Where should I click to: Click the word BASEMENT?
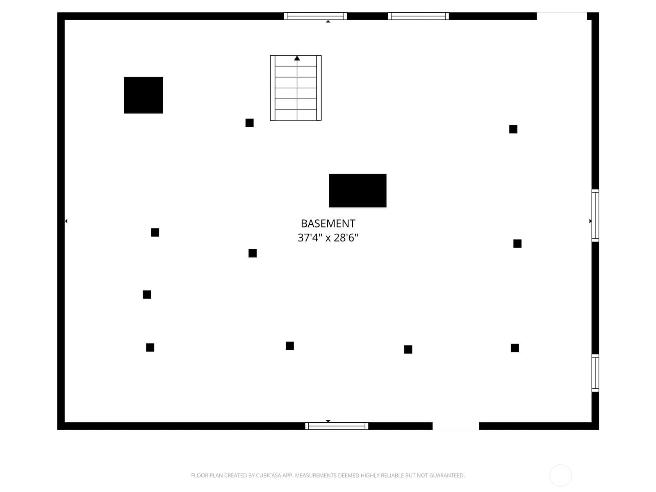[x=328, y=223]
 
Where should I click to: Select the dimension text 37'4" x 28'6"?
[x=328, y=238]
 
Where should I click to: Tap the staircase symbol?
[x=296, y=88]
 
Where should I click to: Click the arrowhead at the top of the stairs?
[x=297, y=58]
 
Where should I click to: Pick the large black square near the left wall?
[x=143, y=95]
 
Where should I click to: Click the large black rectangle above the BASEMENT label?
[x=358, y=191]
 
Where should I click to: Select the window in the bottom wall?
[x=337, y=426]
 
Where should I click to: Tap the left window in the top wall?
[x=315, y=16]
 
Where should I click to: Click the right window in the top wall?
[x=418, y=16]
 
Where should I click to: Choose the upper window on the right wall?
[x=595, y=215]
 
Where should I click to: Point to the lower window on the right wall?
[x=595, y=373]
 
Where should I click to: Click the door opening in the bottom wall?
[x=456, y=426]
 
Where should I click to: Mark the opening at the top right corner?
[x=562, y=16]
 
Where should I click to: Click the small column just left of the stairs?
[x=250, y=123]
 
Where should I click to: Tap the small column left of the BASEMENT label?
[x=253, y=253]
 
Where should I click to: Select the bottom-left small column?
[x=150, y=347]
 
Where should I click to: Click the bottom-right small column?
[x=515, y=348]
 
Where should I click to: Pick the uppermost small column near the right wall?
[x=513, y=129]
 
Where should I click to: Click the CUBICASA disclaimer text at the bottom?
[x=328, y=475]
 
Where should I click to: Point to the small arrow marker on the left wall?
[x=66, y=221]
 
